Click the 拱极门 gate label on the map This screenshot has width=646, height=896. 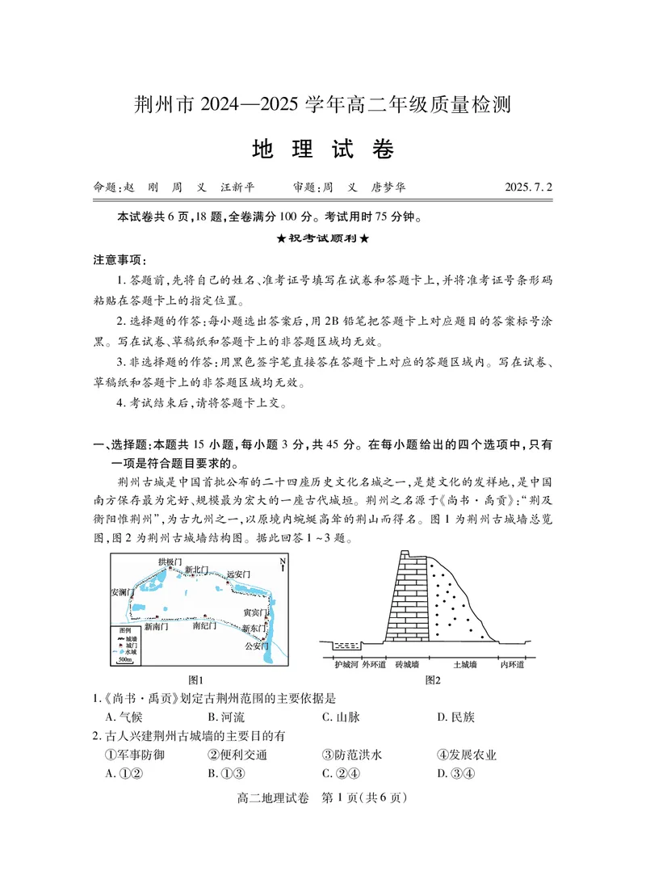[170, 561]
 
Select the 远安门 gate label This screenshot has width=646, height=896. [238, 574]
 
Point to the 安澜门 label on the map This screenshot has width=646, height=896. [123, 592]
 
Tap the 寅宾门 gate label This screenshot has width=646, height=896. [255, 613]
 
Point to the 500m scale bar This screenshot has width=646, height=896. [125, 660]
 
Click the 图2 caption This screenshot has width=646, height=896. [433, 680]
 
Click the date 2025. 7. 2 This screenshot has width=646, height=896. [524, 187]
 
